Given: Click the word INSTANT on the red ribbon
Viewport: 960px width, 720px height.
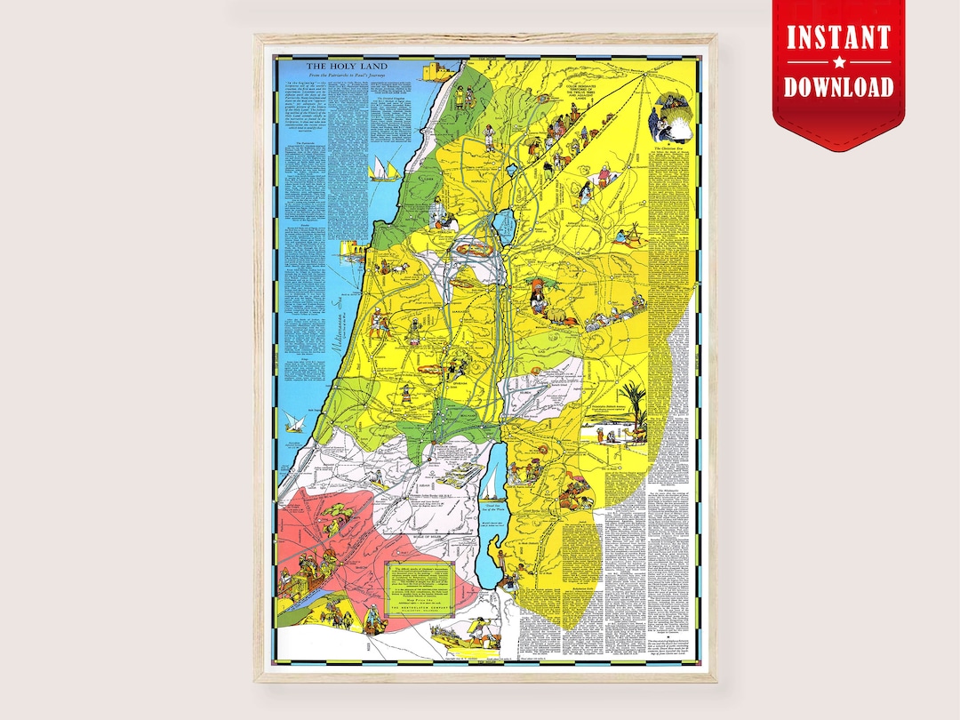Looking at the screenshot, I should (x=837, y=38).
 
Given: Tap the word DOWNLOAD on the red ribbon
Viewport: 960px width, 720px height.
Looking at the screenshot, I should (x=837, y=86).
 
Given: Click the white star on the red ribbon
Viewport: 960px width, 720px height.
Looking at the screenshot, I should (x=837, y=62).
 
